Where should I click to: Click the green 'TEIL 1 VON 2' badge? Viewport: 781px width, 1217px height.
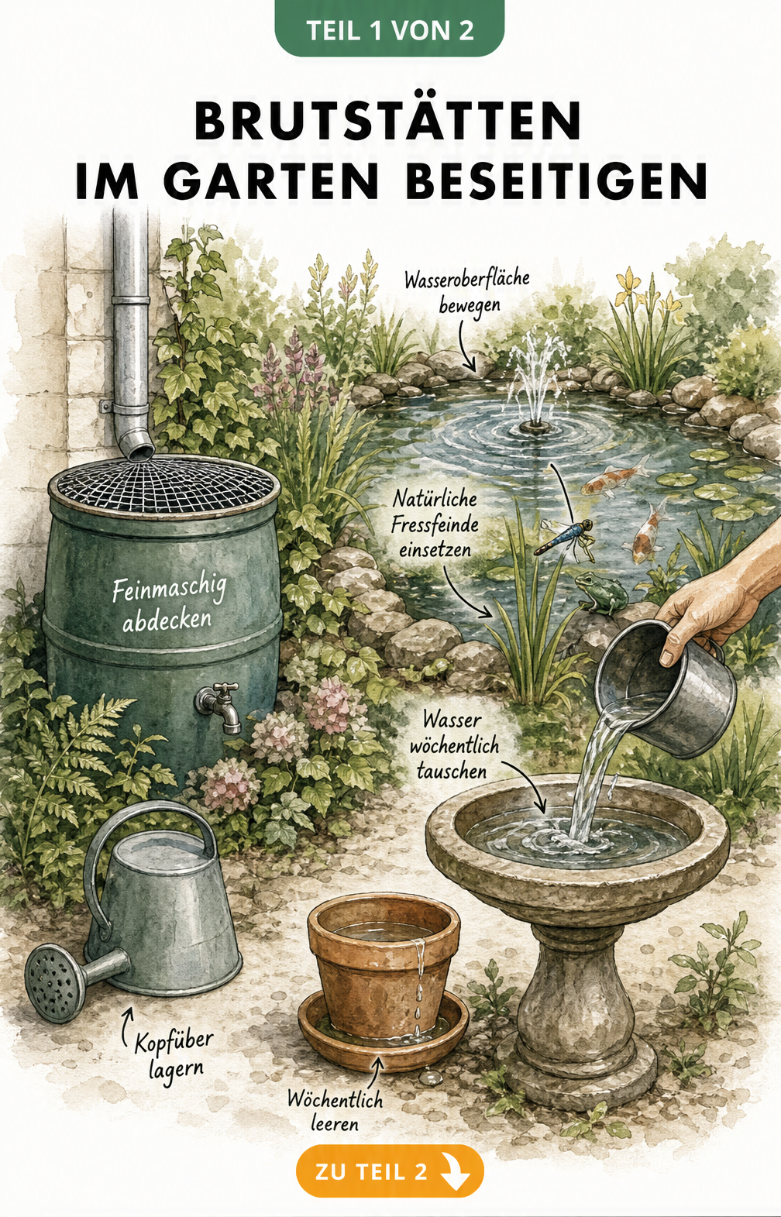[390, 28]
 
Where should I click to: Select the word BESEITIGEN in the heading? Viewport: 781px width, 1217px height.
[556, 181]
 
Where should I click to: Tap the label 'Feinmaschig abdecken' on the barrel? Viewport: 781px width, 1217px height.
[168, 605]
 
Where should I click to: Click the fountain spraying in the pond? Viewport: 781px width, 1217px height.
[536, 383]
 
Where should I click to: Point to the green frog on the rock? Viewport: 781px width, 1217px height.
[600, 592]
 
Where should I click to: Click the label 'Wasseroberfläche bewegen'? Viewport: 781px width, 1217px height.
[467, 292]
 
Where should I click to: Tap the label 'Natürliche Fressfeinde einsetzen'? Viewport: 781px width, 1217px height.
[435, 524]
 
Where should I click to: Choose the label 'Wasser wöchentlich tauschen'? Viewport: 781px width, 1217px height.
[454, 745]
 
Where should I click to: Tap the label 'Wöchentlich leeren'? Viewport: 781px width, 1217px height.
[335, 1110]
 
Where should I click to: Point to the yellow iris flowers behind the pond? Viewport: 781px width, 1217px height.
[647, 294]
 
